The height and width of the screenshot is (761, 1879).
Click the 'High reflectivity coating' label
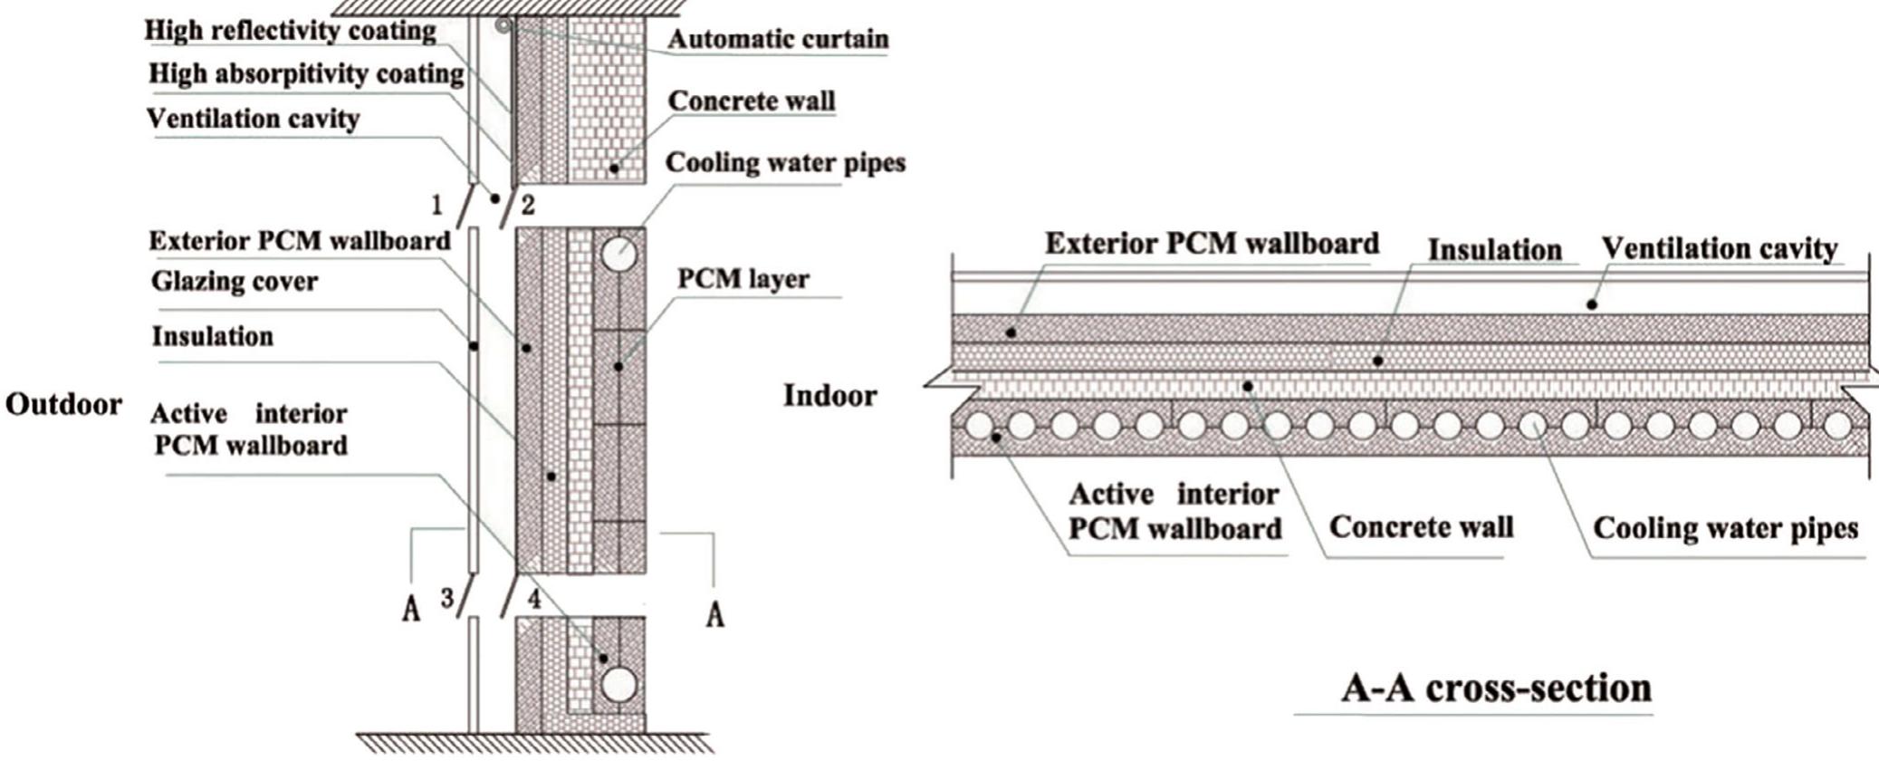click(290, 31)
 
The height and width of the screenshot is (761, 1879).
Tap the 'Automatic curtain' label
click(777, 39)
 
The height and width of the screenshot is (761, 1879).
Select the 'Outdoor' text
click(63, 404)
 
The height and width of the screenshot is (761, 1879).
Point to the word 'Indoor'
click(829, 396)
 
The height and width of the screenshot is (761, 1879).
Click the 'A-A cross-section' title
click(1496, 689)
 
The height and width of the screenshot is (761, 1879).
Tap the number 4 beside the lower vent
click(534, 600)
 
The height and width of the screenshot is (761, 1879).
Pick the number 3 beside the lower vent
click(447, 599)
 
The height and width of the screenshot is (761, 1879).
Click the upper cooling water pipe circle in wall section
click(618, 254)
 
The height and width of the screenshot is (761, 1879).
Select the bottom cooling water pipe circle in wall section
click(618, 684)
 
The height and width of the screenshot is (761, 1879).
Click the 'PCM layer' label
click(743, 279)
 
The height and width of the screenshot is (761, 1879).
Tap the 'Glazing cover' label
click(234, 282)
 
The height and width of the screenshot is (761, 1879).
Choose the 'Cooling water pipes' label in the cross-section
click(1725, 528)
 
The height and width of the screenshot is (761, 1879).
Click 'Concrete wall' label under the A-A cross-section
click(1421, 527)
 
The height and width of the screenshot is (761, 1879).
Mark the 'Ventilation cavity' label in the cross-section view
click(1719, 248)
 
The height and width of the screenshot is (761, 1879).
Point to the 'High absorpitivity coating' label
click(306, 74)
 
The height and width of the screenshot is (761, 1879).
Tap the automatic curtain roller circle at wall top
click(503, 25)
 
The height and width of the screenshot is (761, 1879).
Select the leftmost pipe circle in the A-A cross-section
click(978, 425)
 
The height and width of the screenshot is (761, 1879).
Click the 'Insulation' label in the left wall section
click(212, 337)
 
